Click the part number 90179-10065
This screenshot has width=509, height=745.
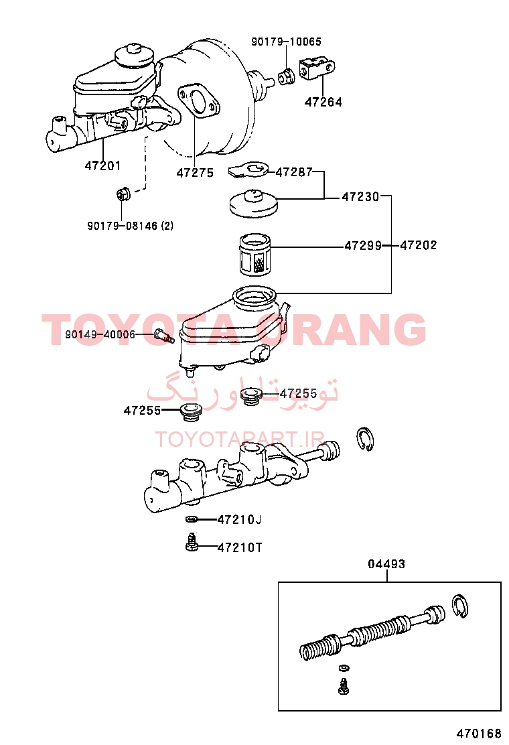click(x=286, y=42)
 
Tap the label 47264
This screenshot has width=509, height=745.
click(x=323, y=102)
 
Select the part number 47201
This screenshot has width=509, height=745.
click(x=102, y=166)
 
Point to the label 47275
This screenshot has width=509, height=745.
click(x=195, y=173)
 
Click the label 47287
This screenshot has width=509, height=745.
click(x=294, y=172)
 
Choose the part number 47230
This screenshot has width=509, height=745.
click(x=360, y=196)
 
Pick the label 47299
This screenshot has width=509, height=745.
click(x=363, y=246)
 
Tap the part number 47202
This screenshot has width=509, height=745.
click(x=419, y=245)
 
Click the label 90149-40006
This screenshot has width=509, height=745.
click(x=100, y=334)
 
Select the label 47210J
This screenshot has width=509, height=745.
click(x=239, y=520)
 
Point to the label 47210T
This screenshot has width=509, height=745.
click(x=240, y=548)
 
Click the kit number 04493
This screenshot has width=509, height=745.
click(x=386, y=564)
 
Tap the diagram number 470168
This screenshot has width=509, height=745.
click(x=479, y=734)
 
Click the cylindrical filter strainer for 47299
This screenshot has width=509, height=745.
click(x=255, y=255)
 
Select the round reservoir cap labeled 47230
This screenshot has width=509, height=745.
click(x=254, y=204)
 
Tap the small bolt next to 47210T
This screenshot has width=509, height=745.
click(x=192, y=543)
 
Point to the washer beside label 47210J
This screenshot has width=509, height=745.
click(x=192, y=519)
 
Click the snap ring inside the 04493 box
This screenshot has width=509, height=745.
click(x=459, y=606)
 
